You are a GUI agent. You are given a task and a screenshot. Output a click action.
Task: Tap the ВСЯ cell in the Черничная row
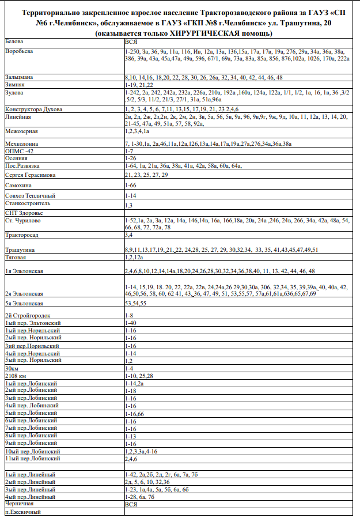pos(131,504)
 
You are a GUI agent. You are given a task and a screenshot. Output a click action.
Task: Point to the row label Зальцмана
pos(19,77)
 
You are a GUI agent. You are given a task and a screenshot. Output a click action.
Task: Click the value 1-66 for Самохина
pos(130,186)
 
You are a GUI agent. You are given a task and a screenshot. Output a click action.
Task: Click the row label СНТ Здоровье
pos(24,213)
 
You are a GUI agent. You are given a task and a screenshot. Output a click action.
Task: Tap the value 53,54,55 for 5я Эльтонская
pos(136,303)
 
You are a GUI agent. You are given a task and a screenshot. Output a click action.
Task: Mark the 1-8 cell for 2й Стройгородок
pos(129,315)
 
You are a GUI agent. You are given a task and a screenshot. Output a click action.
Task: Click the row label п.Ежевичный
pos(22,511)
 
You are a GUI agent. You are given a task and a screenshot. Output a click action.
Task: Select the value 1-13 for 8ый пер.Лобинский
pos(130,436)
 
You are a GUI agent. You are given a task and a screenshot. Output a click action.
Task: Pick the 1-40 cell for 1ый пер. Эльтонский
pos(130,323)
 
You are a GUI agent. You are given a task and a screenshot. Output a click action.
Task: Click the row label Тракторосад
pos(21,235)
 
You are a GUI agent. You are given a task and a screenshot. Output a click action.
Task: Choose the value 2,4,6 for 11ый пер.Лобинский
pos(131,459)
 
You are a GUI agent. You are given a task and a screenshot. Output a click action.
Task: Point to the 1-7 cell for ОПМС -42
pos(129,151)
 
